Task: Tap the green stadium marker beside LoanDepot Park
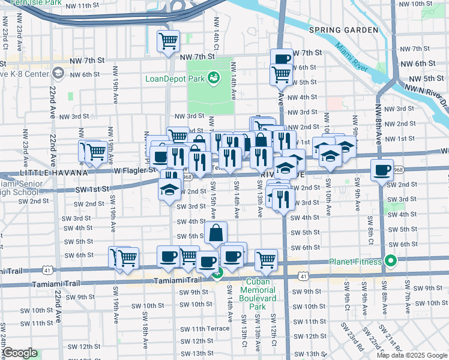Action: tap(213, 77)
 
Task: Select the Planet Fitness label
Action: tap(355, 262)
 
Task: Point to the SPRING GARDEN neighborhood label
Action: tap(343, 30)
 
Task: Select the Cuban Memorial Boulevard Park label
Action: tap(258, 294)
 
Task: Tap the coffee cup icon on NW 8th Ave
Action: tap(382, 170)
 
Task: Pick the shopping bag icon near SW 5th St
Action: tap(216, 233)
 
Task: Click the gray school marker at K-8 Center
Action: tap(58, 74)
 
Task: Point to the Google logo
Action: tap(20, 353)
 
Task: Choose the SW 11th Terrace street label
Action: tap(205, 328)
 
